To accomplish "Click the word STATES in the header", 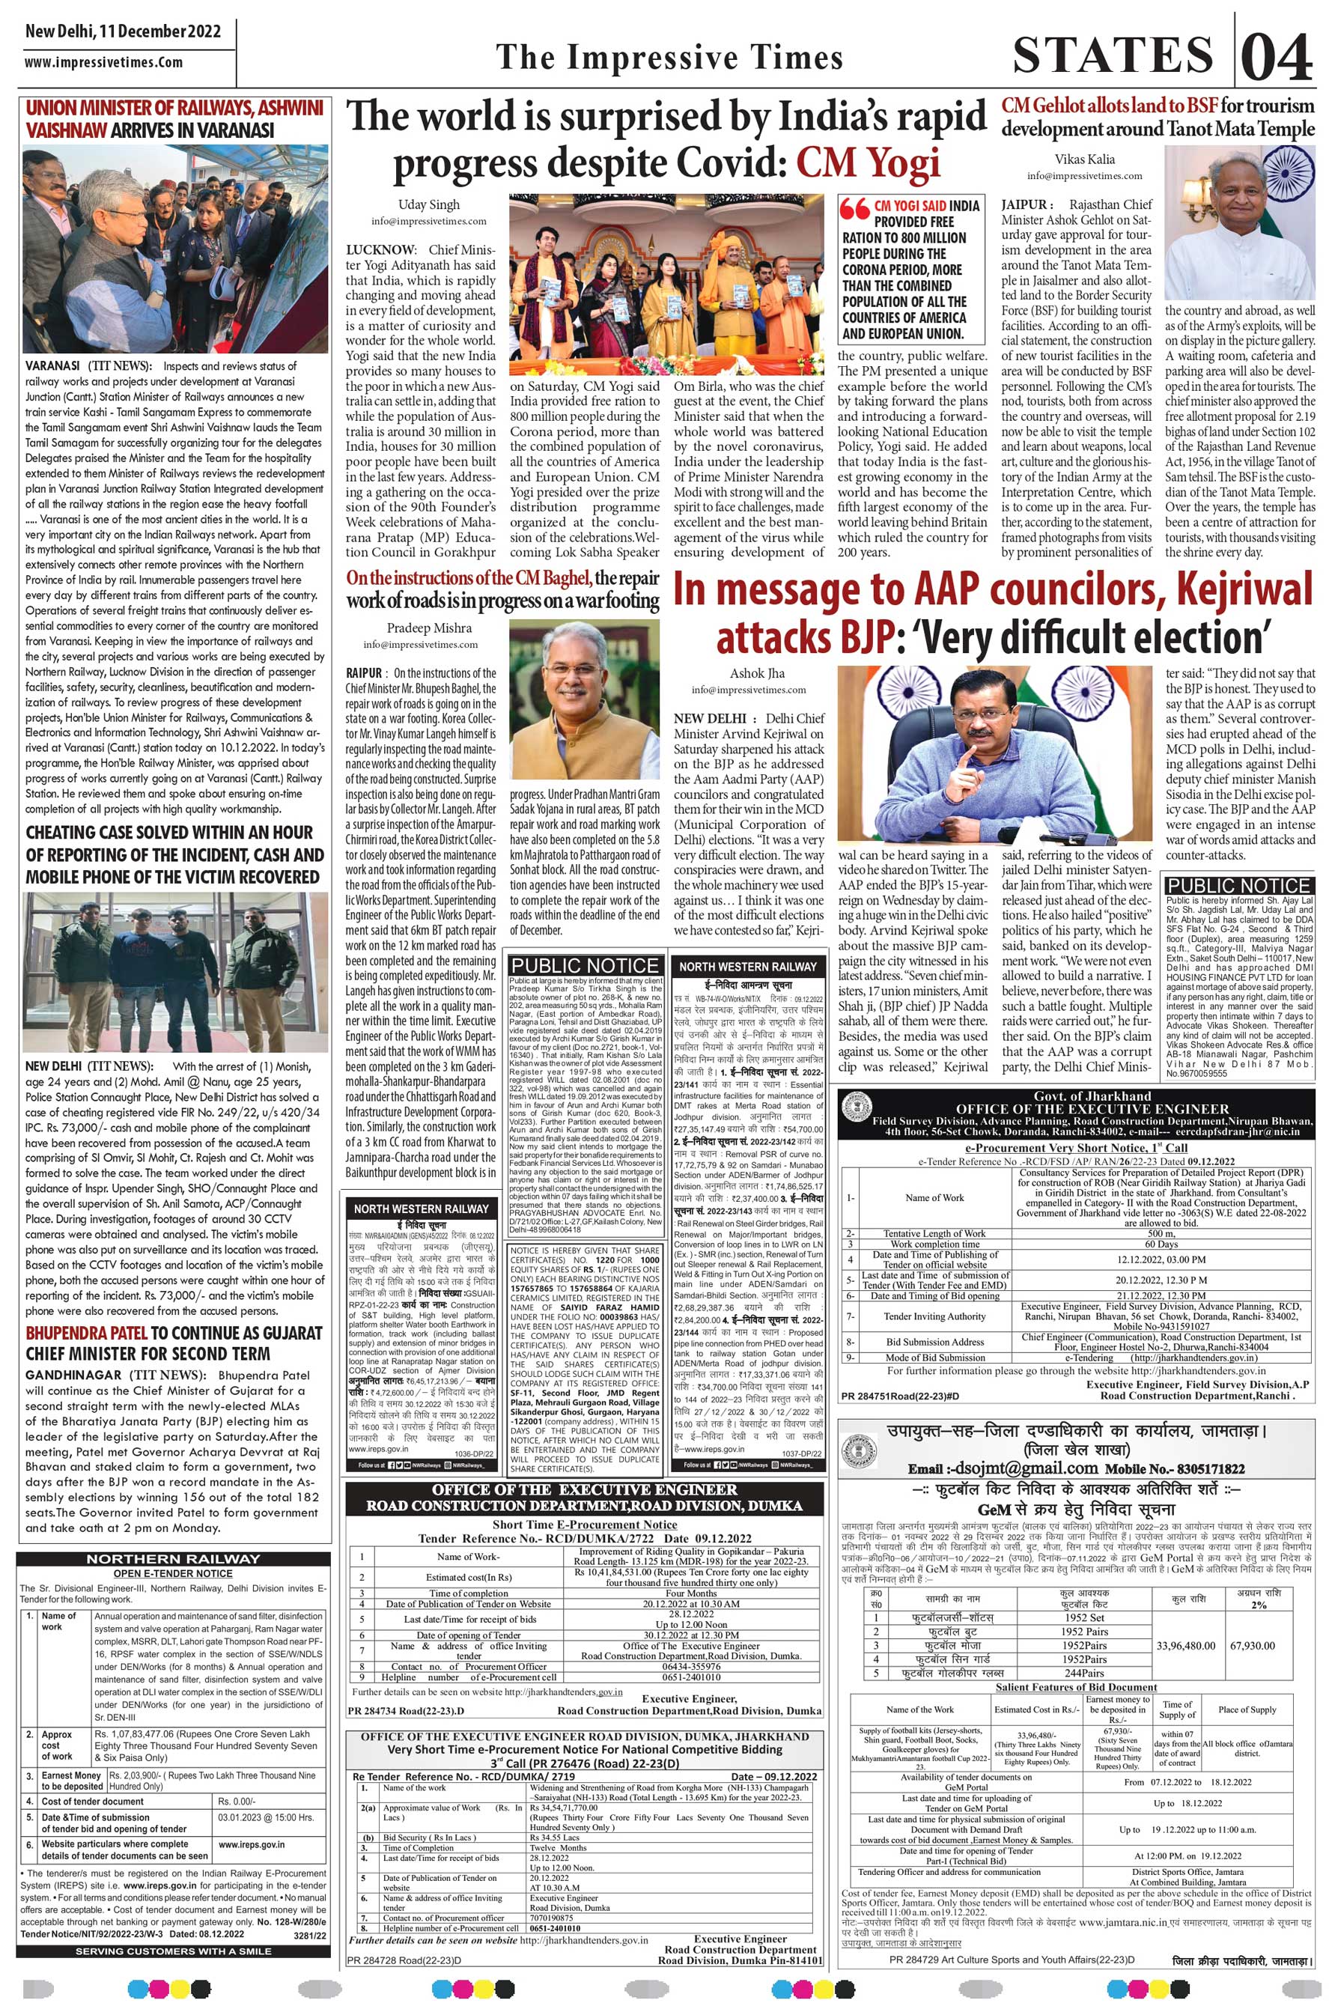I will [1113, 56].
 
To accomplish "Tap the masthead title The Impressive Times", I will [669, 58].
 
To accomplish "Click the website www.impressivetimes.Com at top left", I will [103, 63].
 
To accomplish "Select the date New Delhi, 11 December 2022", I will [123, 32].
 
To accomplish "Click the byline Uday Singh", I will [429, 204].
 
